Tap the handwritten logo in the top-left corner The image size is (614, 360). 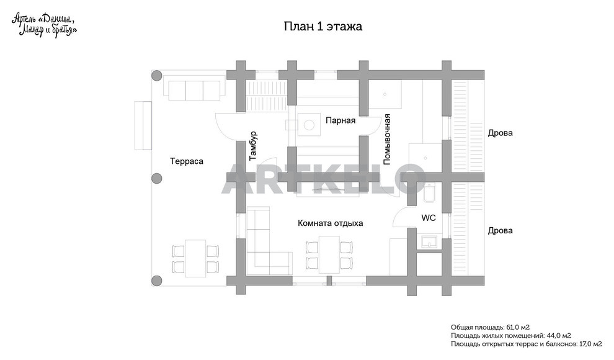44,25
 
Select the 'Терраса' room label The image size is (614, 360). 187,161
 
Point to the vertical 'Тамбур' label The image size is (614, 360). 252,146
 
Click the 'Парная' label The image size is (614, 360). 340,120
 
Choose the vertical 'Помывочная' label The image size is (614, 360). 386,138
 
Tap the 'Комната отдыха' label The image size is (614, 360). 330,223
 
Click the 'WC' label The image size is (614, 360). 429,218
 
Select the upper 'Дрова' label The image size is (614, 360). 500,133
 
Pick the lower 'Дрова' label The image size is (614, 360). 500,230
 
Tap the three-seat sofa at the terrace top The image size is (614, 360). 194,89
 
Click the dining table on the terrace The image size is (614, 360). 195,258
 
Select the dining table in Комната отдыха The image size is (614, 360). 329,254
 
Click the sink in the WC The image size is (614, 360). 429,241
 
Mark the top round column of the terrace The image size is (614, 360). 157,75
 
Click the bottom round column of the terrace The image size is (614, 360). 157,280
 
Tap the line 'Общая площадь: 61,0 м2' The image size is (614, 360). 489,326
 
